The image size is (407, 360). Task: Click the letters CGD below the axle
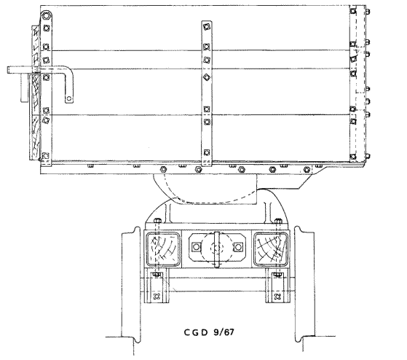(x=196, y=332)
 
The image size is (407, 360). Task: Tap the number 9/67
(x=224, y=332)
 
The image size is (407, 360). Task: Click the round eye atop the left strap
(x=46, y=15)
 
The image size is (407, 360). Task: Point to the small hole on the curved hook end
(x=68, y=98)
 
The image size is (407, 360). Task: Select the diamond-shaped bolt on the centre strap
(x=206, y=77)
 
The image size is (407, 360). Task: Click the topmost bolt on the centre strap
(x=206, y=26)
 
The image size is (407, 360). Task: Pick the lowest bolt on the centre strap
(x=207, y=152)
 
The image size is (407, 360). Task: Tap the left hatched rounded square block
(x=163, y=249)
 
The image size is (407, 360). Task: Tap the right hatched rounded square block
(x=271, y=249)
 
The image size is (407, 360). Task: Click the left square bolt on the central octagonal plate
(x=197, y=247)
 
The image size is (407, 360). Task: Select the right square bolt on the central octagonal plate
(x=238, y=247)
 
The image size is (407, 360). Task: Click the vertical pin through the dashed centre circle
(x=217, y=249)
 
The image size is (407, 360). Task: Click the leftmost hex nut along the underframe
(x=163, y=169)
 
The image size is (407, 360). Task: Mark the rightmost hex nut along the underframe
(x=307, y=170)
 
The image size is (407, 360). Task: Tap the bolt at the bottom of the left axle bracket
(x=157, y=296)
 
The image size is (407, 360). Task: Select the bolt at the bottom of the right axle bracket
(x=277, y=296)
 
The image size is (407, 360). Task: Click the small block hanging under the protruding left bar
(x=25, y=87)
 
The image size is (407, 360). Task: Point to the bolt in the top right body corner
(x=352, y=11)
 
